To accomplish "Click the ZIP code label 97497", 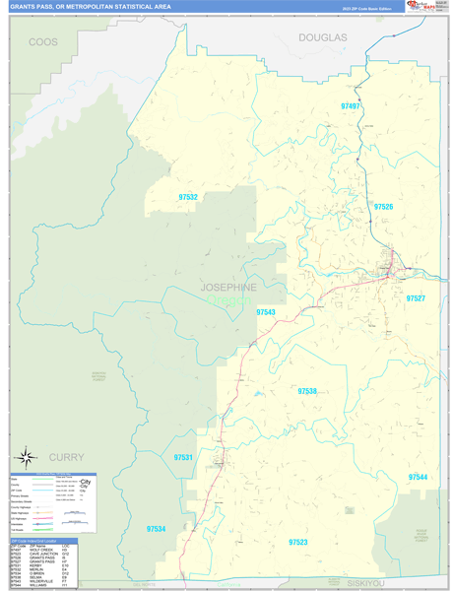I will (351, 105).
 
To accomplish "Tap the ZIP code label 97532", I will (188, 198).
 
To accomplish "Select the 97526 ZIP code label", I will (383, 207).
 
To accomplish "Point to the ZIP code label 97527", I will (416, 297).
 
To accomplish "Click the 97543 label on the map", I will (266, 311).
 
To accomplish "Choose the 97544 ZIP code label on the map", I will (418, 477).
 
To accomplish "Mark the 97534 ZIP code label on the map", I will (156, 529).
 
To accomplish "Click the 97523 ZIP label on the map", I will (298, 543).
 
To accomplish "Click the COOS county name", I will (43, 42).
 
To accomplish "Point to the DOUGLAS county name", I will (323, 37).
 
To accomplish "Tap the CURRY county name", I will (65, 457).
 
